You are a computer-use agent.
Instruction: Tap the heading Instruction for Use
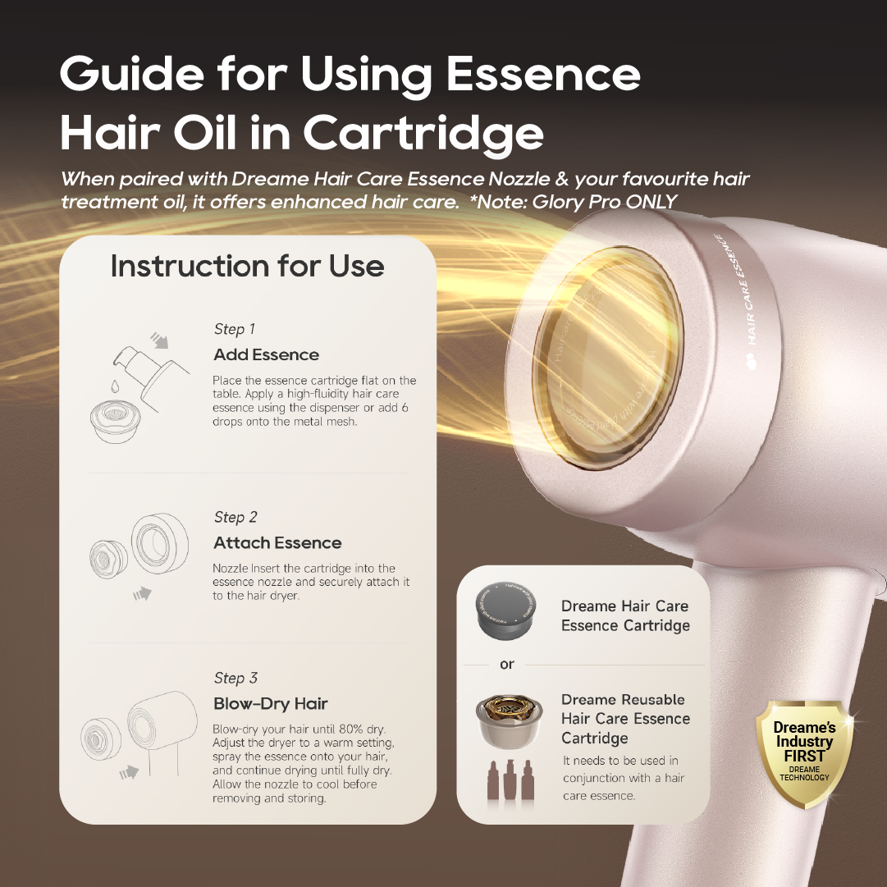pos(247,266)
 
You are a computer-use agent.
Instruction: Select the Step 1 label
pos(235,329)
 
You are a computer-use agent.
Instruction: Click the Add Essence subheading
pos(266,354)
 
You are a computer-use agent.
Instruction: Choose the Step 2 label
pos(235,517)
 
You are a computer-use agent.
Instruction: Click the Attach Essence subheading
pos(277,542)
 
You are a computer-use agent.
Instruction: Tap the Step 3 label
pos(235,678)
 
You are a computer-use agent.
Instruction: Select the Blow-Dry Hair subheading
pos(270,703)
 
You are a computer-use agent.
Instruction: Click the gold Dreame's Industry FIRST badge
pos(804,752)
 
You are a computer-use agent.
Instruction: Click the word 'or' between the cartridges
pos(507,664)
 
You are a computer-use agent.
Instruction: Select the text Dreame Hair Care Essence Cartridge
pos(625,615)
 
